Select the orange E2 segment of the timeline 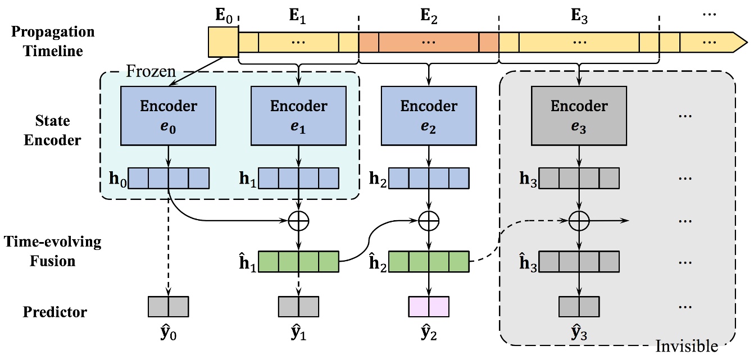pyautogui.click(x=429, y=42)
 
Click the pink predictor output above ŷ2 pyautogui.click(x=429, y=306)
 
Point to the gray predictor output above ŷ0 pyautogui.click(x=168, y=306)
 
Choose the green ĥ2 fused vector pyautogui.click(x=429, y=262)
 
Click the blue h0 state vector pyautogui.click(x=168, y=178)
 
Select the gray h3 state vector pyautogui.click(x=579, y=178)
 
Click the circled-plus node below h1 pyautogui.click(x=298, y=221)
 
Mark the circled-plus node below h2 pyautogui.click(x=429, y=221)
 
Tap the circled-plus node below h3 pyautogui.click(x=579, y=221)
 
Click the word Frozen pyautogui.click(x=151, y=71)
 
